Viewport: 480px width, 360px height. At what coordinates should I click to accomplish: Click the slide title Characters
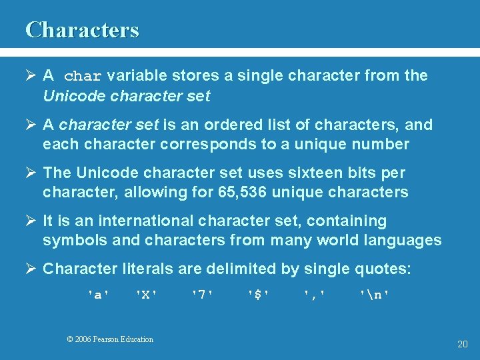tap(82, 30)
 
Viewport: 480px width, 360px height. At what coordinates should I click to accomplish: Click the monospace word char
tap(83, 76)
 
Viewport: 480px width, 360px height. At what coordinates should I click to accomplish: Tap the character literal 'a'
tap(99, 294)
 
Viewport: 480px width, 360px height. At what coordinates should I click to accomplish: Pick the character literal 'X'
tap(147, 294)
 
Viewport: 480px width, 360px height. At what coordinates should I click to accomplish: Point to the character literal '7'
tap(203, 294)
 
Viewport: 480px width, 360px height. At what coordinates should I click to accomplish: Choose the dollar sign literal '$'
tap(259, 294)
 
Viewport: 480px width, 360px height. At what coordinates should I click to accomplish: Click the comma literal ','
tap(315, 294)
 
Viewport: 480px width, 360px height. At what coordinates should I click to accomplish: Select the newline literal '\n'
tap(375, 294)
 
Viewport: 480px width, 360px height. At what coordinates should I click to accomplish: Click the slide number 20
tap(463, 344)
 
